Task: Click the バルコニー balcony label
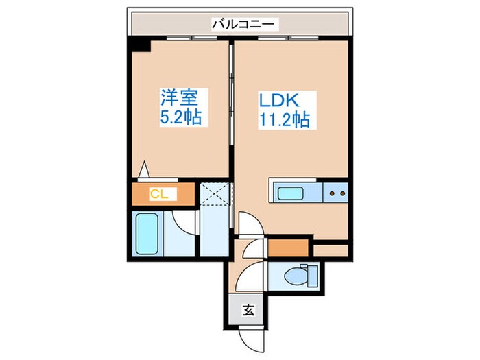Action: click(243, 24)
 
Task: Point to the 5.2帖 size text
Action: click(180, 117)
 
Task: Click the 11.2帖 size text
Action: click(283, 120)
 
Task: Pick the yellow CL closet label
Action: click(159, 194)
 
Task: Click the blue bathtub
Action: click(146, 233)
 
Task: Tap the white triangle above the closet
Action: click(145, 169)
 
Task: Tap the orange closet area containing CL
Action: click(165, 194)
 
